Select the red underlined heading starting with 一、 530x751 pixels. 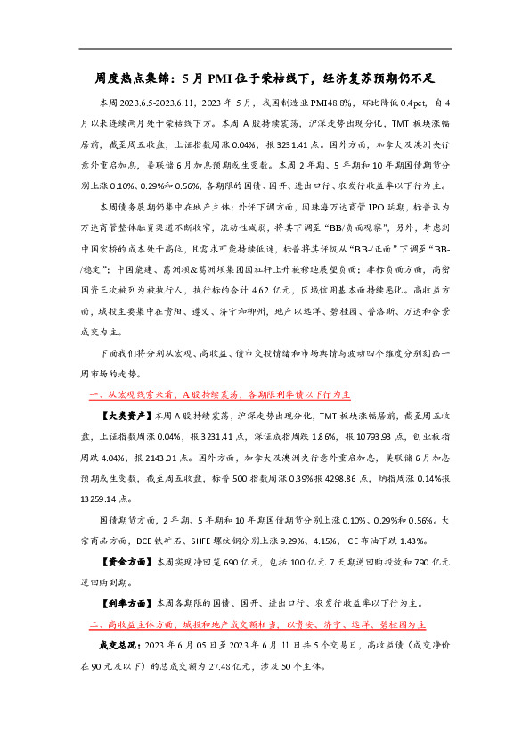(222, 392)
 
